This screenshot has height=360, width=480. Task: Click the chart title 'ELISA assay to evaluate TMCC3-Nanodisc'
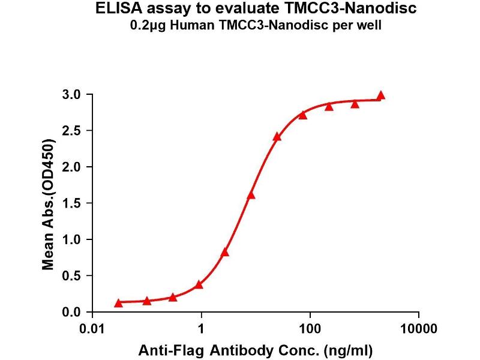[252, 10]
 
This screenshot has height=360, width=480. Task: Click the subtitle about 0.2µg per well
[252, 26]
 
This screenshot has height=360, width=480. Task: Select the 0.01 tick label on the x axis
[93, 329]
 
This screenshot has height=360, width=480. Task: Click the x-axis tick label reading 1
[202, 329]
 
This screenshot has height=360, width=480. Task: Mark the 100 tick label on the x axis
[310, 329]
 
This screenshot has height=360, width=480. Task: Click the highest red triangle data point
[380, 96]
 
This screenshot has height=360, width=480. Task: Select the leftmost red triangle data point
[118, 303]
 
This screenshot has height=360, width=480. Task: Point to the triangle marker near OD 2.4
[277, 137]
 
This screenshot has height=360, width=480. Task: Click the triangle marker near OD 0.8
[225, 252]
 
